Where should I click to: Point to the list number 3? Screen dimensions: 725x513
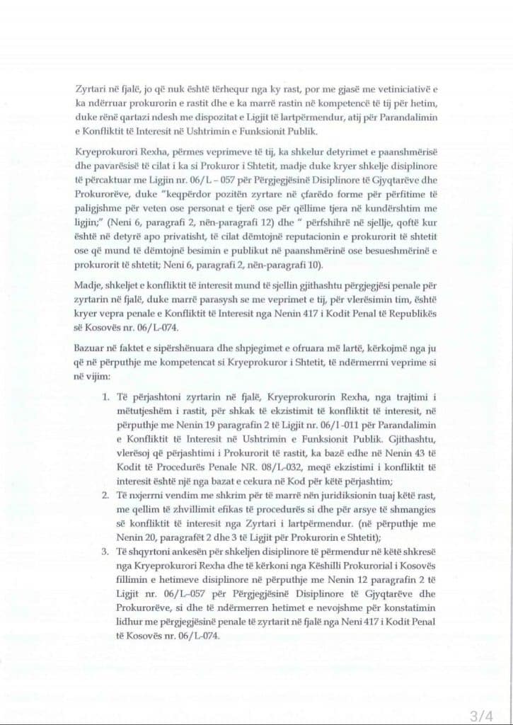105,549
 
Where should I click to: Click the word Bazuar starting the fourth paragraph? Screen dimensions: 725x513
90,346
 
